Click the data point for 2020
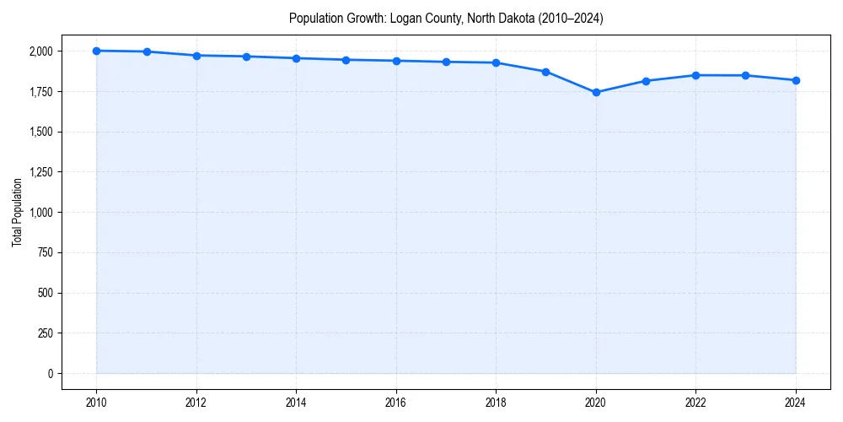pos(596,92)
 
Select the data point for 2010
pos(96,51)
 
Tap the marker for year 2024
pos(796,80)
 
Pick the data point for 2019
pos(546,72)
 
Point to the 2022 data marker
pos(696,75)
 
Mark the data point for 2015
pos(346,60)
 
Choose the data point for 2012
pos(196,56)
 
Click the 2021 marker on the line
pos(646,81)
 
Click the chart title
pos(446,18)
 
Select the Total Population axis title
pos(17,212)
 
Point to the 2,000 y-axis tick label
pos(40,51)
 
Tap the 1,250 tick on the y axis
pos(40,172)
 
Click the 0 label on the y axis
pos(49,373)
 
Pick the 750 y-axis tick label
pos(46,252)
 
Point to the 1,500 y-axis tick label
pos(40,132)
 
